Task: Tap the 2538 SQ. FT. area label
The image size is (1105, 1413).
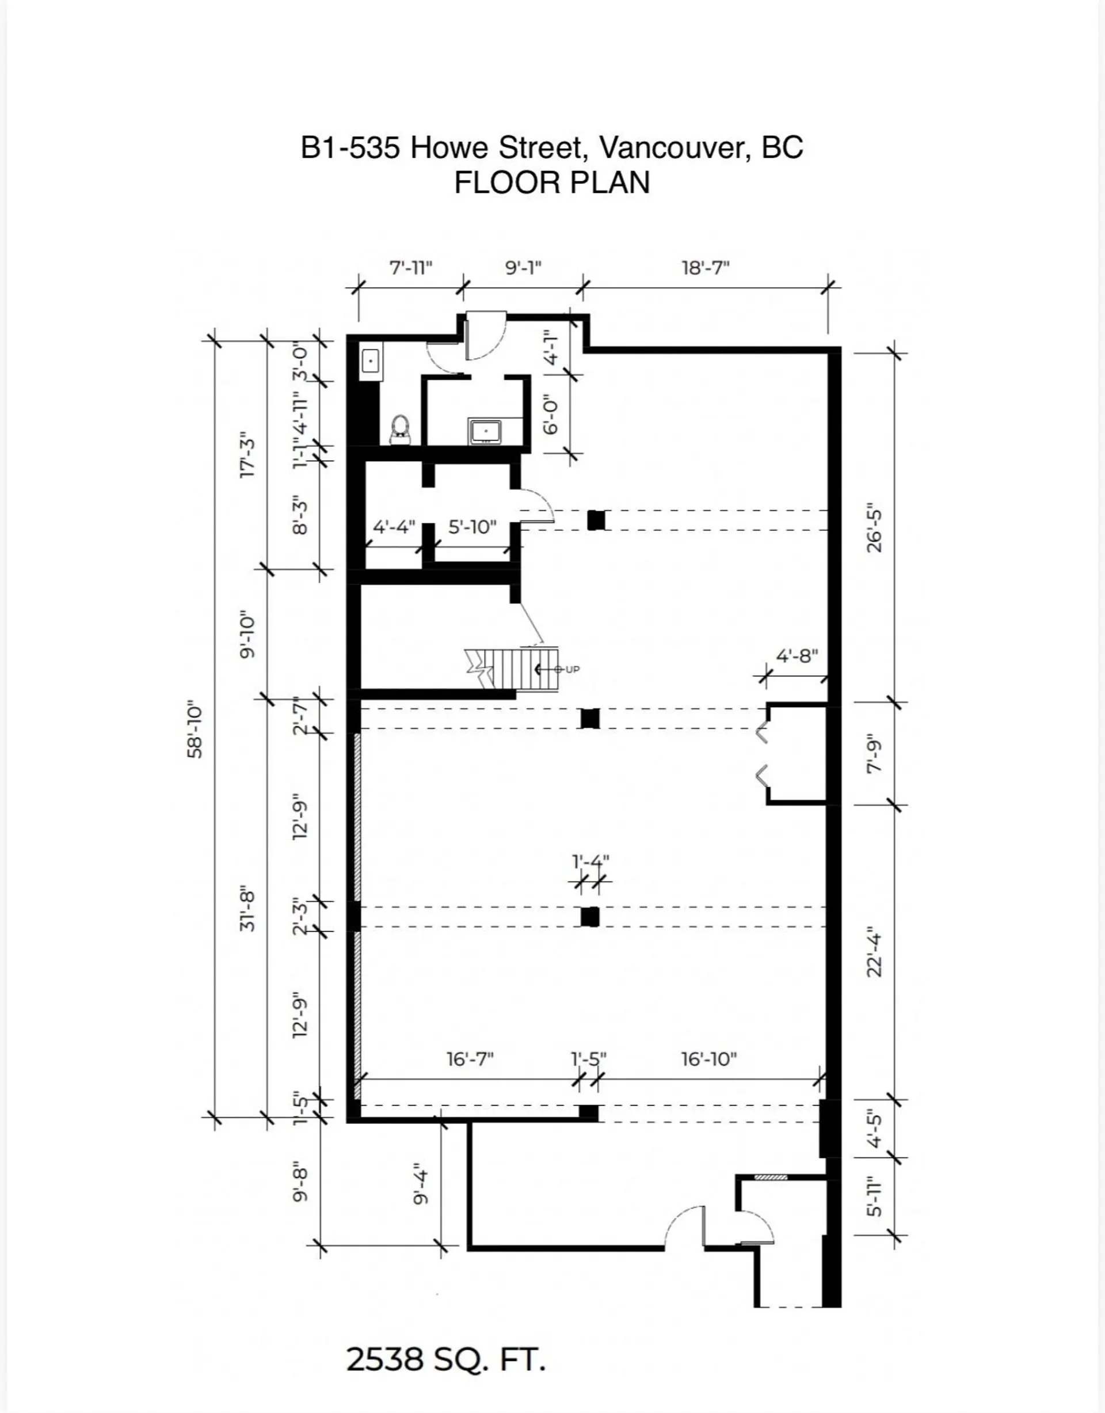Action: (x=446, y=1359)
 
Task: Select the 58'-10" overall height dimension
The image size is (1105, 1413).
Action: (x=195, y=729)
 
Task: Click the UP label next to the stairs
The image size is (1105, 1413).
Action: (x=573, y=669)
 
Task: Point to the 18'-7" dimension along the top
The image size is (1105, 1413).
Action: (x=705, y=267)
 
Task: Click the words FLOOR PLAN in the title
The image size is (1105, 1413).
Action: (x=551, y=183)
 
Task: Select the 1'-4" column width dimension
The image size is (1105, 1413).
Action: (x=590, y=862)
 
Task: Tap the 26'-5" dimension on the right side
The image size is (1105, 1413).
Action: (x=874, y=527)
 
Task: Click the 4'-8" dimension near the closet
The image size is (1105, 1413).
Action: (x=797, y=656)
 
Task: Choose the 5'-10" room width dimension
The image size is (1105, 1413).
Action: (x=473, y=527)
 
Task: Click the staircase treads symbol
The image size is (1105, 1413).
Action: (x=515, y=669)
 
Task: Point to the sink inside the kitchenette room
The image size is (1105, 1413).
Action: (x=486, y=431)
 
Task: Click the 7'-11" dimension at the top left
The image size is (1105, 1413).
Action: (x=410, y=267)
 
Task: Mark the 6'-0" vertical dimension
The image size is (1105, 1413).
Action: (x=551, y=415)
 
